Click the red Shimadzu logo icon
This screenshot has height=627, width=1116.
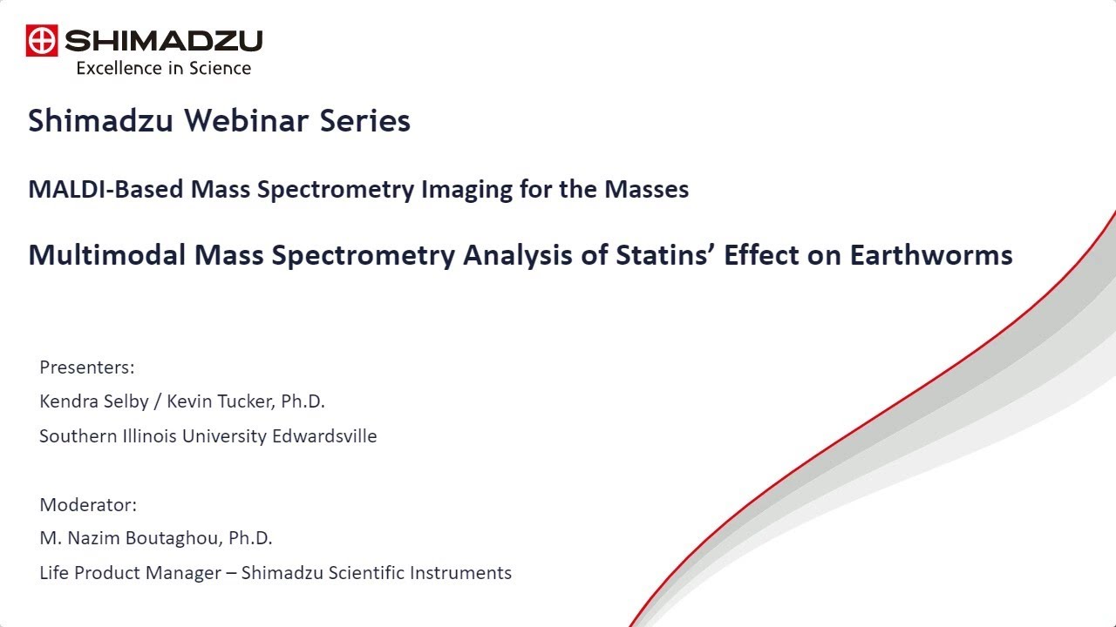pyautogui.click(x=42, y=41)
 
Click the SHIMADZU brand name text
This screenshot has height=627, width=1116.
pyautogui.click(x=163, y=41)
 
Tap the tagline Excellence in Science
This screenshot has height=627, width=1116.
pyautogui.click(x=163, y=68)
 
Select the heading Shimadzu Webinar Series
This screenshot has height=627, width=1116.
pyautogui.click(x=219, y=121)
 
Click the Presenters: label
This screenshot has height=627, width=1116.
pyautogui.click(x=87, y=367)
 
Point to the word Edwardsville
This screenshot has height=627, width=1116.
pyautogui.click(x=324, y=436)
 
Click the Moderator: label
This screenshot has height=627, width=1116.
pyautogui.click(x=88, y=505)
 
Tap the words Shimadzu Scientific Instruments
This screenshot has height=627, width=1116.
pyautogui.click(x=376, y=573)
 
